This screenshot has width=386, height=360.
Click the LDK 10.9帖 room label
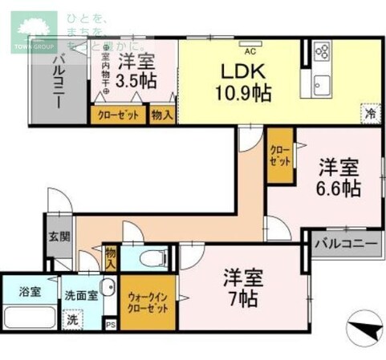pyautogui.click(x=240, y=81)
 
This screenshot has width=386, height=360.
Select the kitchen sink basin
pyautogui.click(x=323, y=84)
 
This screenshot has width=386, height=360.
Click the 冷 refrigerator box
pyautogui.click(x=370, y=114)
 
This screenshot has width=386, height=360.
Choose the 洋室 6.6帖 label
pyautogui.click(x=339, y=179)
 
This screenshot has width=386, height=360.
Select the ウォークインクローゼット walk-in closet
pyautogui.click(x=148, y=302)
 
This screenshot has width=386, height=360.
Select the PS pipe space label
pyautogui.click(x=111, y=325)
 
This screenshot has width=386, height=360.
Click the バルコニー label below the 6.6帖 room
pyautogui.click(x=343, y=241)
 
